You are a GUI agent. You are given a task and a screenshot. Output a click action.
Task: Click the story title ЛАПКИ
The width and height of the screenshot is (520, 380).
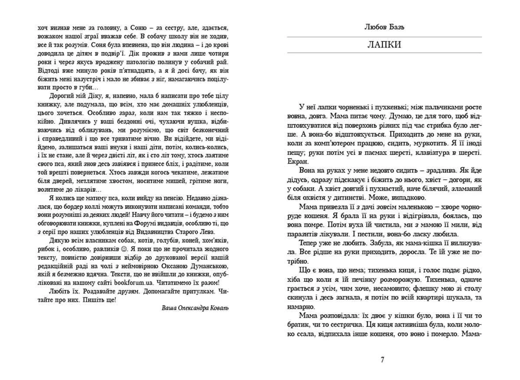pyautogui.click(x=384, y=45)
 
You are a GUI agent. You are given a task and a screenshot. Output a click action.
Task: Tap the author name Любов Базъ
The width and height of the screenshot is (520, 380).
pyautogui.click(x=384, y=27)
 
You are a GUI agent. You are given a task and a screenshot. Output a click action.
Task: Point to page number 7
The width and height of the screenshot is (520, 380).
pyautogui.click(x=382, y=360)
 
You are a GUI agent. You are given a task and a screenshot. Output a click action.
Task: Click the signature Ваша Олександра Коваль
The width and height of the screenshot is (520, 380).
pyautogui.click(x=195, y=308)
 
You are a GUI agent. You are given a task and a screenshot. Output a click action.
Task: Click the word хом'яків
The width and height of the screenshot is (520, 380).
pyautogui.click(x=214, y=241)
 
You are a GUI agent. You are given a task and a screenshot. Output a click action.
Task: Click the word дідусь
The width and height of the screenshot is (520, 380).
pyautogui.click(x=297, y=180)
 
